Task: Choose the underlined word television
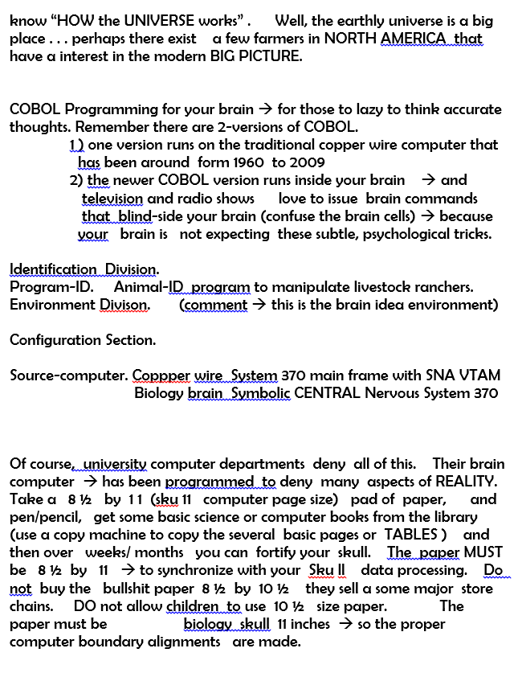tap(112, 198)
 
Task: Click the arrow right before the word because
tap(426, 215)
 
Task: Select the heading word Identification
tap(53, 269)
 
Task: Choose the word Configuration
tap(55, 339)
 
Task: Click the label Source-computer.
tap(68, 375)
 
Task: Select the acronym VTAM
tap(479, 375)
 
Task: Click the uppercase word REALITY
tap(466, 481)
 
